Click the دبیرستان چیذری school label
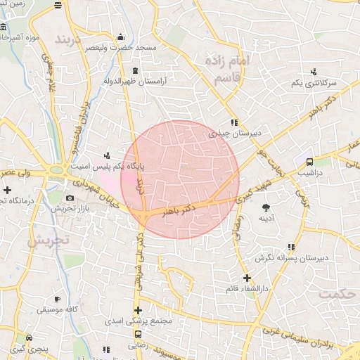(236, 131)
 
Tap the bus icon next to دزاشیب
(309, 161)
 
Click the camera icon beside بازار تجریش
(69, 198)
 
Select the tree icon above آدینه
(266, 207)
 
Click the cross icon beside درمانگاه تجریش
(7, 190)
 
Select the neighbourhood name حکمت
(337, 293)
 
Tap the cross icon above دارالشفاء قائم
(247, 278)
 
